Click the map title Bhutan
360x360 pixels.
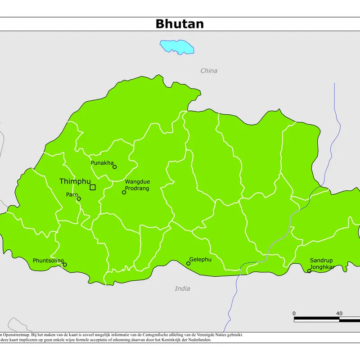[x=180, y=24]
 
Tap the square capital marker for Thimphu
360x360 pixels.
[x=93, y=187]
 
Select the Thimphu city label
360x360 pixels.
[x=75, y=181]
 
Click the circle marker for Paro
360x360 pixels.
[x=79, y=198]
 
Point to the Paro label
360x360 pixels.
[x=72, y=194]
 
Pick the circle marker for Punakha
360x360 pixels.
[x=114, y=167]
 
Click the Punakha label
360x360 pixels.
[x=102, y=162]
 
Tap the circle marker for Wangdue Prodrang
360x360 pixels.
[x=124, y=192]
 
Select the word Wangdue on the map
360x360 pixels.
[x=137, y=182]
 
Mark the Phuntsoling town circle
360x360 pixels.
[x=65, y=265]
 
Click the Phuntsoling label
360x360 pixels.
[x=48, y=261]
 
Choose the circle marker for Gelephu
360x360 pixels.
[x=188, y=263]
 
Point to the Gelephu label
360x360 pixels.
[x=200, y=260]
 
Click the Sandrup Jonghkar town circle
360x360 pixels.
[x=309, y=271]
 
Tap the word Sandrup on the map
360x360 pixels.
[x=321, y=261]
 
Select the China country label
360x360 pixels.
[x=209, y=71]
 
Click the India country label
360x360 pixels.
[x=182, y=288]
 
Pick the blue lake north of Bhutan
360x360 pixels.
[x=177, y=47]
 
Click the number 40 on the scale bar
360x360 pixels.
[x=339, y=313]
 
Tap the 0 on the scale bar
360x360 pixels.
[x=294, y=313]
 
